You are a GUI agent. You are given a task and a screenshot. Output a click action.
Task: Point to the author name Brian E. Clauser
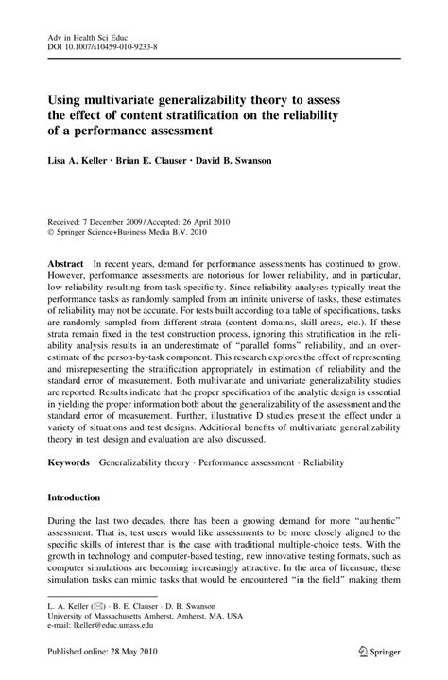click(162, 161)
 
